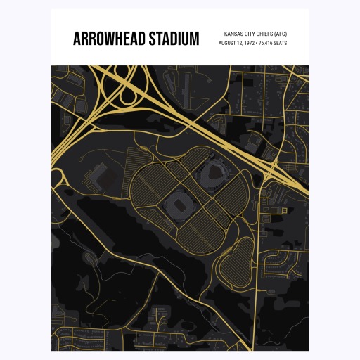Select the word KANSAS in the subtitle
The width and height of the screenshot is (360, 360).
(233, 34)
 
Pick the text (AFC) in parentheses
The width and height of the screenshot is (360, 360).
(281, 34)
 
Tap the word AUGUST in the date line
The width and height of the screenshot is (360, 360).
(227, 44)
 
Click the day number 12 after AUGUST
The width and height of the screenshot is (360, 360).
(240, 44)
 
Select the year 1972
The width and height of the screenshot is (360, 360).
(250, 44)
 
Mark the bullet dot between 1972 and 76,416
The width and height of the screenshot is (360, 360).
(257, 44)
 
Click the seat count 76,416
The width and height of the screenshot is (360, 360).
(266, 44)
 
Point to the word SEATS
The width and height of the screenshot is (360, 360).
(281, 44)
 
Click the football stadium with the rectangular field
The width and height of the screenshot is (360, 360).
(178, 206)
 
